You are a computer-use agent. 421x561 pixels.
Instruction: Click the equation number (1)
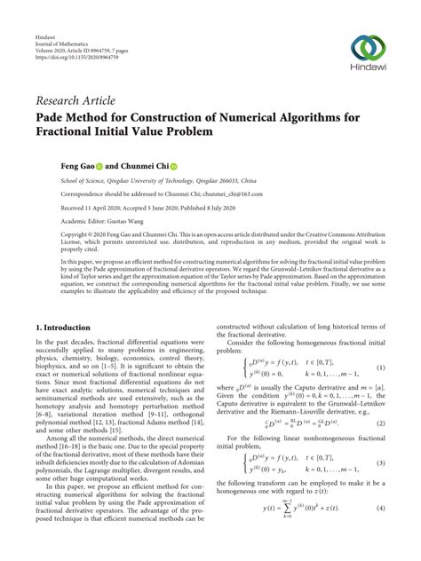[380, 343]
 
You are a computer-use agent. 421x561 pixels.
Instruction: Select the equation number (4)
[380, 508]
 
